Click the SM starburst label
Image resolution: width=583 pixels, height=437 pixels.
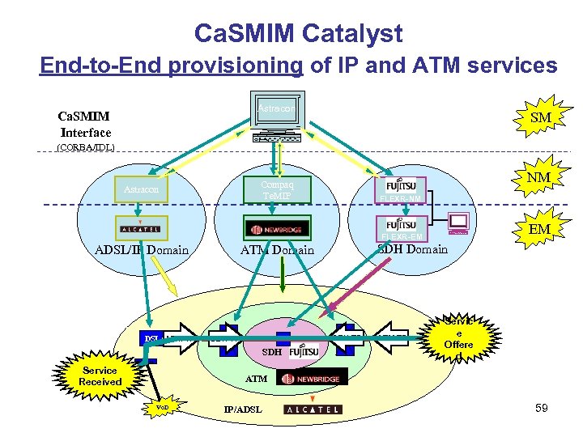[540, 117]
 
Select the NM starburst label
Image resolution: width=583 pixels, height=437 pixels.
[538, 177]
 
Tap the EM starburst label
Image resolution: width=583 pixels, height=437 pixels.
[538, 229]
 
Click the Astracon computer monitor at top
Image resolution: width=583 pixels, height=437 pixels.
[277, 109]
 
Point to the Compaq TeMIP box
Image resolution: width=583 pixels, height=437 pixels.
[277, 189]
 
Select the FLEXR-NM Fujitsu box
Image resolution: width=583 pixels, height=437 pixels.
[402, 189]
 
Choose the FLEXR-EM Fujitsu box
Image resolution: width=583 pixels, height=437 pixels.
[402, 227]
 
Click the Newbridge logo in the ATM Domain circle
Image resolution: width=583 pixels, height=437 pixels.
[277, 228]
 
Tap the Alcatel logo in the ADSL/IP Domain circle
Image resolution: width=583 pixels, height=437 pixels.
[141, 228]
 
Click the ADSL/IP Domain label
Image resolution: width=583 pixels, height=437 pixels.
[143, 249]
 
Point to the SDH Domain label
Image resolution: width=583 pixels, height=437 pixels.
[412, 248]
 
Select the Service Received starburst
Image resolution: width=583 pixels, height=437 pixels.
[100, 376]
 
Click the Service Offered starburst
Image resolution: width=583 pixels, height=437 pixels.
[457, 337]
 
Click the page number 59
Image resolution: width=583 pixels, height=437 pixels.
[541, 408]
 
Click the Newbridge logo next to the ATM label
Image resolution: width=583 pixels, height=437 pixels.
[313, 377]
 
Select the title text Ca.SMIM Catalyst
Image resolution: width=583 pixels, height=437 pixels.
[298, 33]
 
